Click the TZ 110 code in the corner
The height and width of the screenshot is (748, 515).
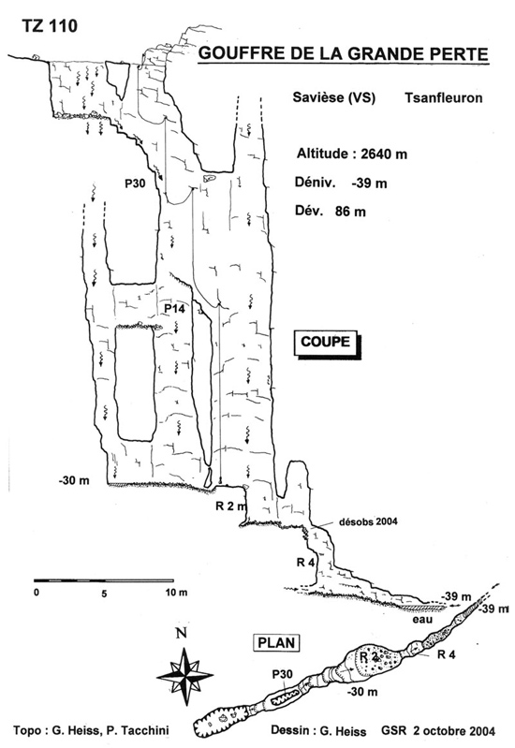point(50,26)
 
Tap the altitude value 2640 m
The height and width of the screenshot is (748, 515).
point(384,154)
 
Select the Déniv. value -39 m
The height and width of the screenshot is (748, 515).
point(369,183)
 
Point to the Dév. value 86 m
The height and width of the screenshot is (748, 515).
point(350,212)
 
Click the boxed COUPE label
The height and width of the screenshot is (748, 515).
point(326,342)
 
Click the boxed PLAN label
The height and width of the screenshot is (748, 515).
point(276,642)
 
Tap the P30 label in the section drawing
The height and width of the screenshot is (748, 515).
point(135,183)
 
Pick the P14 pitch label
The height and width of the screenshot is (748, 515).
point(174,309)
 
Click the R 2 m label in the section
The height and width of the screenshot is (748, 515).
point(231,506)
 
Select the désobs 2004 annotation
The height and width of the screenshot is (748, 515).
point(368,521)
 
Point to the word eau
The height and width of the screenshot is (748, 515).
point(423,619)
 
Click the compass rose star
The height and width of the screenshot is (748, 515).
point(184,676)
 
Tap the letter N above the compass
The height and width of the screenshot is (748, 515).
point(181,634)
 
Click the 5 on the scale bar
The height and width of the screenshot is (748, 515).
point(104,594)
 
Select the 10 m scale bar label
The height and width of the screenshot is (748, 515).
point(177,593)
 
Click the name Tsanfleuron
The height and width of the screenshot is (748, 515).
point(444,97)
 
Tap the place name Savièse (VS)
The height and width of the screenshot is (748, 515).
point(334,97)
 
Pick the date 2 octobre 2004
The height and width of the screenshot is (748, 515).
point(453,730)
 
